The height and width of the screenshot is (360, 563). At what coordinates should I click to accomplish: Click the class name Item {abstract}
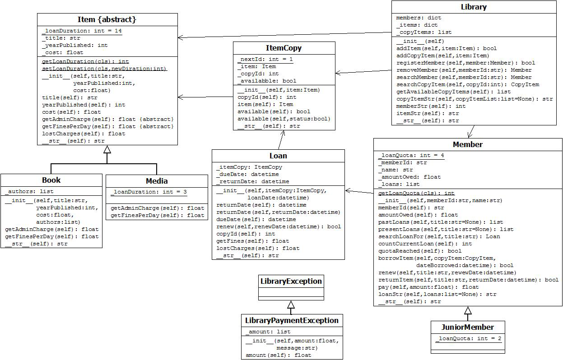coord(107,19)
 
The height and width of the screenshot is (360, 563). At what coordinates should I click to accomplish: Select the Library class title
coord(474,7)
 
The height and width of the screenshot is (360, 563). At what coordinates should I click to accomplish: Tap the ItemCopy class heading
coord(284,48)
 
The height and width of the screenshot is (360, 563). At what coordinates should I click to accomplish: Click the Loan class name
coord(278,156)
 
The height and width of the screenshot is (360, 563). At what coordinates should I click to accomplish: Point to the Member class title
coord(467,144)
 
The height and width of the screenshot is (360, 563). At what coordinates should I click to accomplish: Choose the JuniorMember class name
coord(467,327)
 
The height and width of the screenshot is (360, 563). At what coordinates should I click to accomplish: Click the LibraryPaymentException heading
coord(292,320)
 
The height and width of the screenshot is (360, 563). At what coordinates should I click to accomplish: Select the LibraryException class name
coord(291,281)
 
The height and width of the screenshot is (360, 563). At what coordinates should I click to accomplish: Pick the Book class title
coord(51,180)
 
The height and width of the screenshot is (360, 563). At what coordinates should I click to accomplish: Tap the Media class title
coord(157,181)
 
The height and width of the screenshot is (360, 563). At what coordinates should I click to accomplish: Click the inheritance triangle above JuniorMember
coord(468,310)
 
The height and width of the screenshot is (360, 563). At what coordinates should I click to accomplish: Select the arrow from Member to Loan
coord(359,192)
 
